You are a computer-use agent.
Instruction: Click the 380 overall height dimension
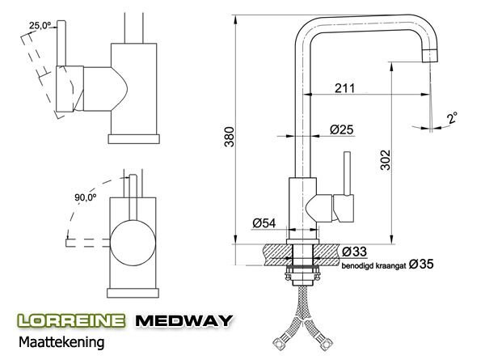230,137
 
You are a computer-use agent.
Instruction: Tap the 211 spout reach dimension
345,88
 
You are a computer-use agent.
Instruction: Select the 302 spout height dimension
386,160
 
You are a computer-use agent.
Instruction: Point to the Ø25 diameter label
341,129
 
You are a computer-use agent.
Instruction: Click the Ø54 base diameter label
264,222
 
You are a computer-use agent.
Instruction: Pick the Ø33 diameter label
354,252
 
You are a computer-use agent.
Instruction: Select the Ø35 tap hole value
421,264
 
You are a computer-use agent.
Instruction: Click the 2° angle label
452,118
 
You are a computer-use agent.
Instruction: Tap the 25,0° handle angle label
40,25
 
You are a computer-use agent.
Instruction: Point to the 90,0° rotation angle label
86,197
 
